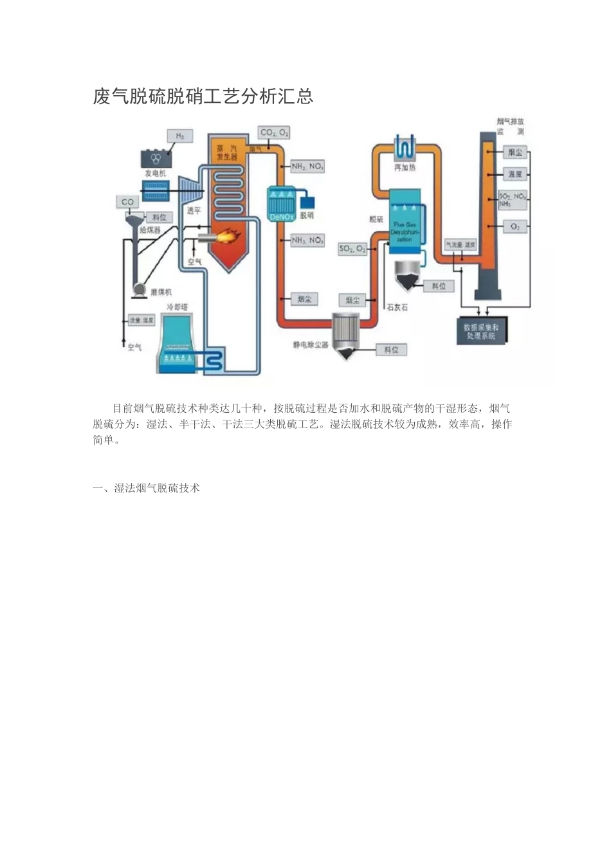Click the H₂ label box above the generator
[179, 136]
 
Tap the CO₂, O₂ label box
[274, 132]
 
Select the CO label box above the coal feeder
[127, 202]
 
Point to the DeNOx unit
[282, 204]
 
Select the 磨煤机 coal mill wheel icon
[138, 291]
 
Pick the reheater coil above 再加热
[405, 148]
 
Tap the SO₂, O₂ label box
[352, 248]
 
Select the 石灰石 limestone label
[397, 307]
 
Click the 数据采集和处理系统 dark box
[481, 331]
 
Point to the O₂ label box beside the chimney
[515, 227]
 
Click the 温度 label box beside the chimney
[515, 174]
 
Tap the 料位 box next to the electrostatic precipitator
[391, 350]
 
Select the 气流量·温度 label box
[461, 245]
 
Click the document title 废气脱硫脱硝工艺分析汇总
[203, 96]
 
